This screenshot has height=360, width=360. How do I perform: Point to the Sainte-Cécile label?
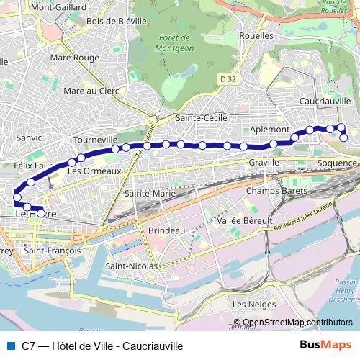201,117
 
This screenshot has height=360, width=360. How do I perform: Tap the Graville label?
264,163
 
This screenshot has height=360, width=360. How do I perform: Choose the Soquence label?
336,163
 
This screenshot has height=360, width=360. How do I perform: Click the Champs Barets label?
276,191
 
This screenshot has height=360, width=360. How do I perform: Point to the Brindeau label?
167,230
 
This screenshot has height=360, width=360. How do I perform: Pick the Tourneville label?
95,139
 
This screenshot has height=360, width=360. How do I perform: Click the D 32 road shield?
228,78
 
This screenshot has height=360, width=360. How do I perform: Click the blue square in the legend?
10,346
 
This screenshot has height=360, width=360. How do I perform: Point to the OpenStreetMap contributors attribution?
292,323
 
